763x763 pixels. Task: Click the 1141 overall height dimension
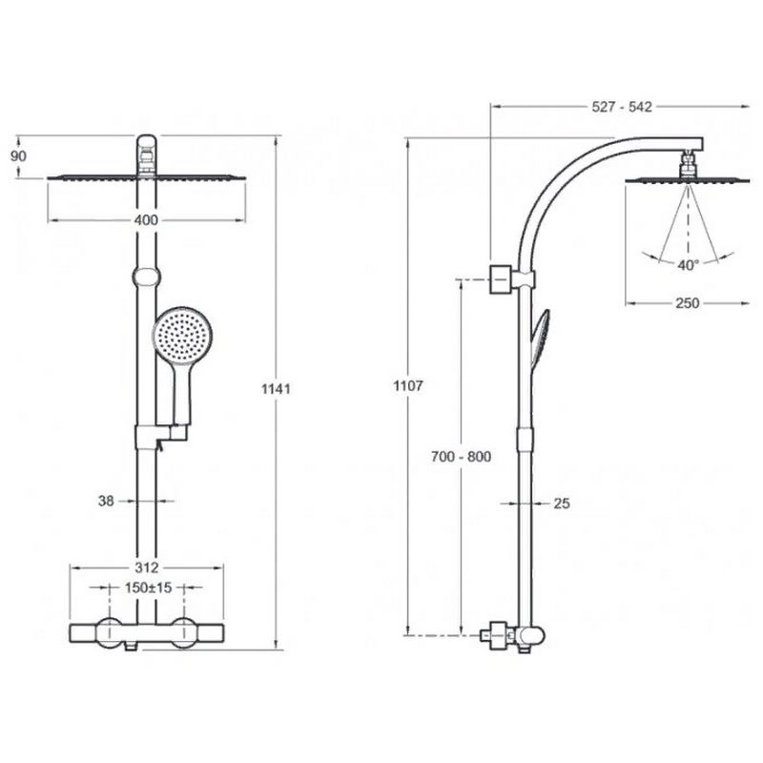[x=276, y=389]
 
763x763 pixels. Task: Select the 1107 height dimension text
[x=408, y=386]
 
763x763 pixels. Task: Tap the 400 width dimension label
[x=146, y=220]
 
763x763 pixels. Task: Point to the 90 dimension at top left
[x=18, y=156]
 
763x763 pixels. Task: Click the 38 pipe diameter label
[x=106, y=501]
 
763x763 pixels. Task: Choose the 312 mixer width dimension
[x=147, y=567]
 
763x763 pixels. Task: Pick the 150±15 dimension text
[x=149, y=588]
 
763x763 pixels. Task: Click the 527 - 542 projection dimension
[x=622, y=107]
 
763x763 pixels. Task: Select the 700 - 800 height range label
[x=461, y=457]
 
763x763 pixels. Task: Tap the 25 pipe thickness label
[x=562, y=504]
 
